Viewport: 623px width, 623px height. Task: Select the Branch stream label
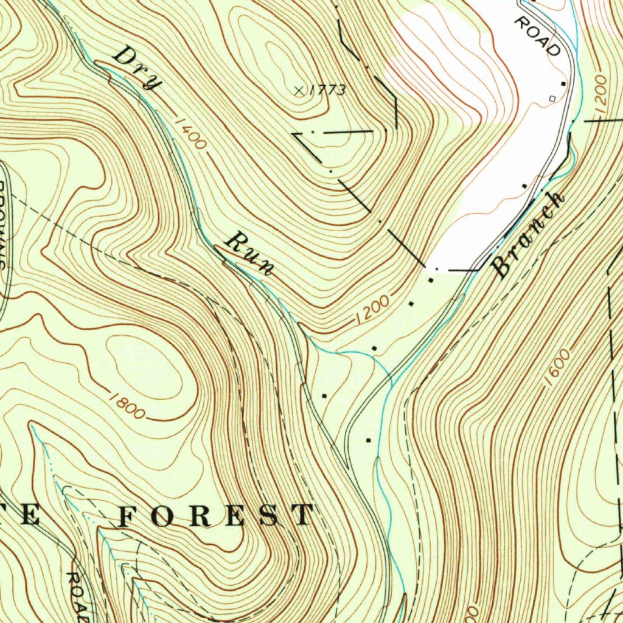tap(529, 234)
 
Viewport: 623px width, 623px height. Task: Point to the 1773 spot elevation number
tap(327, 91)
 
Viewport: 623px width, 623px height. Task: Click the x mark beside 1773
tap(298, 91)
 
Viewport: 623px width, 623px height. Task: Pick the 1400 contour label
tap(190, 133)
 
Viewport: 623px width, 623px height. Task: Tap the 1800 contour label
tap(128, 406)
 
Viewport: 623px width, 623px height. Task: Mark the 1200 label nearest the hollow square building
tap(600, 94)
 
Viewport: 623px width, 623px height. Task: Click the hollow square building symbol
tap(552, 98)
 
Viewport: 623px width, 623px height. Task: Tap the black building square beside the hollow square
tap(563, 83)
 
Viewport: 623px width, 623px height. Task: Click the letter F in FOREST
tap(131, 515)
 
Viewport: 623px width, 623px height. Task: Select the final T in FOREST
tap(302, 515)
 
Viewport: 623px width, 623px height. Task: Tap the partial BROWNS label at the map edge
tap(5, 225)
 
